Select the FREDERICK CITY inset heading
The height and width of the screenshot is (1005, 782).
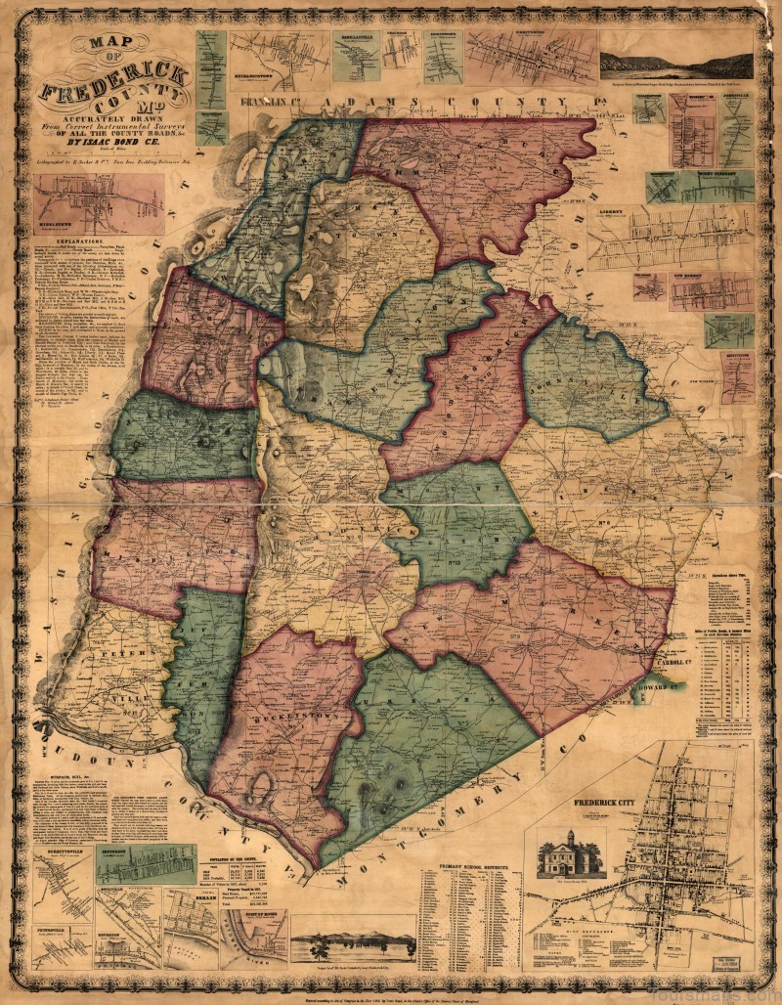click(x=605, y=803)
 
